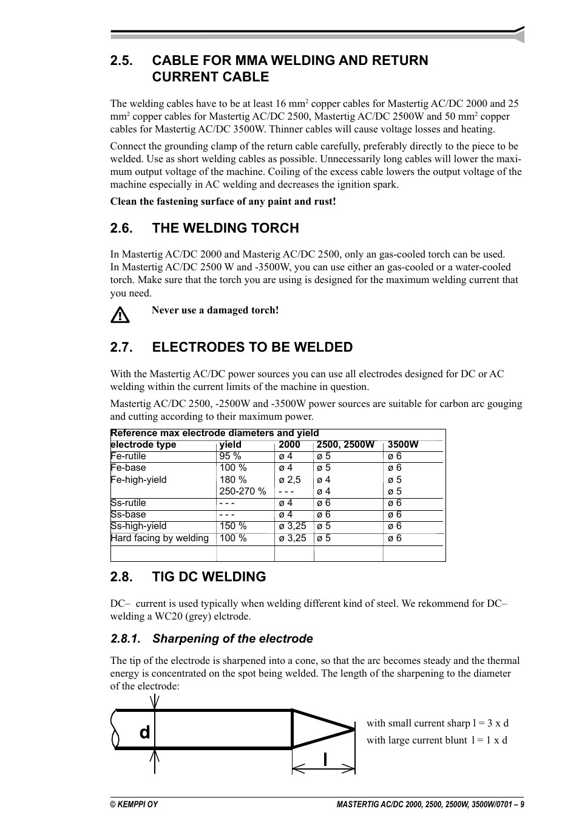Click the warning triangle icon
(x=120, y=315)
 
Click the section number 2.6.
(x=121, y=228)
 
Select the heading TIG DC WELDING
(x=209, y=577)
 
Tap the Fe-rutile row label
(x=128, y=456)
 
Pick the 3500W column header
(x=403, y=445)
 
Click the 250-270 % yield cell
(x=243, y=491)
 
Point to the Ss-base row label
(x=128, y=514)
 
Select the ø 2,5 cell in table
(x=289, y=480)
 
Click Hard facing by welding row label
(x=160, y=538)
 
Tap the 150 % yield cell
(x=233, y=526)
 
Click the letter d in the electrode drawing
(x=144, y=733)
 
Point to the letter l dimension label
(x=326, y=759)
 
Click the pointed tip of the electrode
(x=353, y=728)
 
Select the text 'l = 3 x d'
(x=490, y=723)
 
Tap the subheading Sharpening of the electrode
(x=232, y=639)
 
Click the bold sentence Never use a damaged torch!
(x=215, y=310)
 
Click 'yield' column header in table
(x=230, y=445)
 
